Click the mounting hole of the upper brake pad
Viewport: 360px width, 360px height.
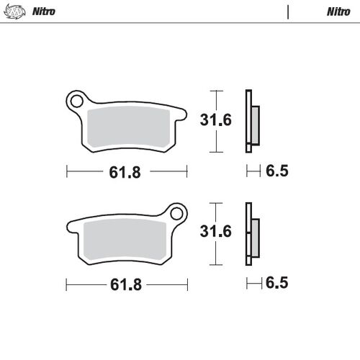(76, 101)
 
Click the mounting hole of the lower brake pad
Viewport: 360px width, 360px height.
(176, 215)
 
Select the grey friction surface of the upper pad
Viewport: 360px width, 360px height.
(128, 129)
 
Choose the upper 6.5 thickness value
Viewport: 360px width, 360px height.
(276, 172)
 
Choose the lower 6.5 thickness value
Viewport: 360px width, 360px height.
(276, 284)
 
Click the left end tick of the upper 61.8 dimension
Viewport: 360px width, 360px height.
(67, 172)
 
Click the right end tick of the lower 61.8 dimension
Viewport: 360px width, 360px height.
(187, 284)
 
